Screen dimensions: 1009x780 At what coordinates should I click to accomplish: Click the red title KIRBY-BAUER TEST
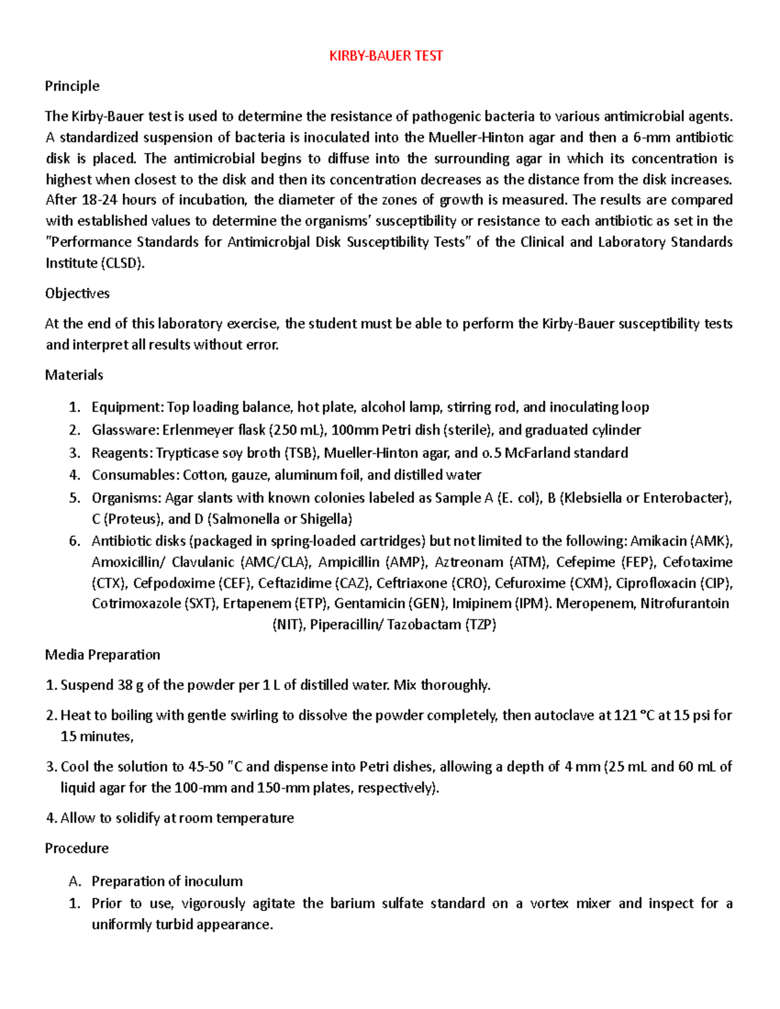(386, 56)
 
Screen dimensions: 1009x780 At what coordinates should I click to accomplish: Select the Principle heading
(72, 86)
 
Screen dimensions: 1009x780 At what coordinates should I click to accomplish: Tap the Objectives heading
(77, 293)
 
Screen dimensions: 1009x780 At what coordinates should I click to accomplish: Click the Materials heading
(74, 375)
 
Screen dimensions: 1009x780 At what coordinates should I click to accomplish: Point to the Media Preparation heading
(103, 654)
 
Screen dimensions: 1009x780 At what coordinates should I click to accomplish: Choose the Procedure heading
(77, 848)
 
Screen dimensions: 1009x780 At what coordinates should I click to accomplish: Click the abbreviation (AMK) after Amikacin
(711, 541)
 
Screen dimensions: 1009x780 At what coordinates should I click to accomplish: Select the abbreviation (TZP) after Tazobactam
(480, 625)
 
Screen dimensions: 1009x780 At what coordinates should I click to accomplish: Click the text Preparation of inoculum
(167, 881)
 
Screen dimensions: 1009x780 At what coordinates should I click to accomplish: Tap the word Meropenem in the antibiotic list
(595, 604)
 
